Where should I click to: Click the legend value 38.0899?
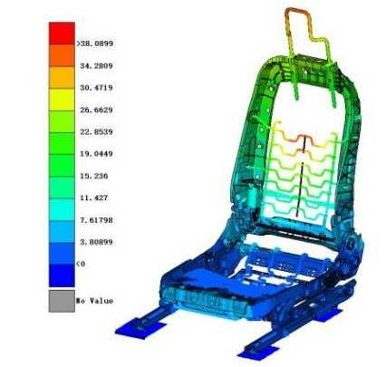coord(96,43)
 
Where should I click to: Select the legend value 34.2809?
coord(96,66)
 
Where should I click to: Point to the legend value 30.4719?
coord(96,88)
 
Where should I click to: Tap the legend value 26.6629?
coord(96,110)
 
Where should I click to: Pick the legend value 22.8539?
coord(96,132)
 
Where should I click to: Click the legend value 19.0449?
coord(96,154)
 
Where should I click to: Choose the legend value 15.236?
coord(93,176)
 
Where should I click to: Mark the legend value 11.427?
coord(93,198)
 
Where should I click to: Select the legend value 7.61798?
coord(96,220)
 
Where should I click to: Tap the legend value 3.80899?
coord(96,242)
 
